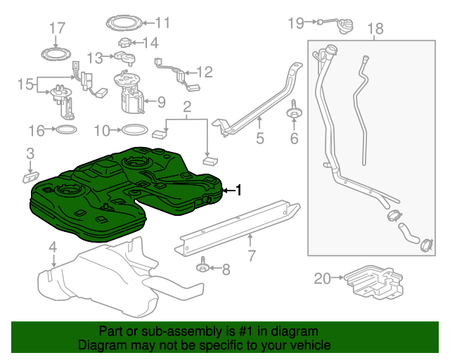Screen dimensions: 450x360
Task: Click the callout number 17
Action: click(x=58, y=28)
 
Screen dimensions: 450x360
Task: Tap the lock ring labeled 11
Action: click(x=124, y=23)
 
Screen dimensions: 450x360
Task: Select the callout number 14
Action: click(x=150, y=43)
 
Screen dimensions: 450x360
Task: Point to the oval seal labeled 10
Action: click(x=135, y=130)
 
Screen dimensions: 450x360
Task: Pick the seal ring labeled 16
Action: click(x=66, y=130)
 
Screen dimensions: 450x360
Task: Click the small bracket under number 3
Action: click(x=30, y=177)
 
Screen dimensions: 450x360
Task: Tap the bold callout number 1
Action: click(x=238, y=190)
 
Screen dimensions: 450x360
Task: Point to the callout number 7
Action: click(x=252, y=255)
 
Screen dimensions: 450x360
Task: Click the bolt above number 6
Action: click(x=294, y=110)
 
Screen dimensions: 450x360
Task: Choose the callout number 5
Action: click(x=259, y=138)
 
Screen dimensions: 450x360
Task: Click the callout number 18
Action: click(x=375, y=29)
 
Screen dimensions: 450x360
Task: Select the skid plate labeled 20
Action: click(x=373, y=282)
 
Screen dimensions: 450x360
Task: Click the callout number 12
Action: click(x=205, y=72)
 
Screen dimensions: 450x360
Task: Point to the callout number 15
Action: click(x=25, y=84)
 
